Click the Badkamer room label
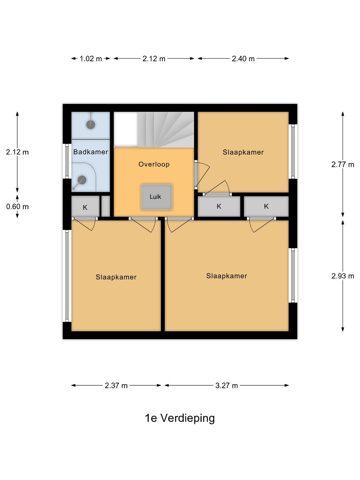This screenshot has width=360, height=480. [x=90, y=152]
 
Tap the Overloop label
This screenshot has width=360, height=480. [x=154, y=164]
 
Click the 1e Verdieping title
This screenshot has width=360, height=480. [x=180, y=418]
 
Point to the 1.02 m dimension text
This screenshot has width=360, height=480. [x=91, y=59]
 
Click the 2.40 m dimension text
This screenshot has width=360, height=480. [x=243, y=59]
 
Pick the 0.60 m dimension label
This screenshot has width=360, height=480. [x=17, y=207]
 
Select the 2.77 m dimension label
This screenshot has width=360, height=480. [x=343, y=164]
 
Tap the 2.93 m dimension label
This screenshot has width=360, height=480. [x=343, y=276]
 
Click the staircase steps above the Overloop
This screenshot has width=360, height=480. [x=165, y=129]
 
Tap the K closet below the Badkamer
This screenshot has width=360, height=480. [x=85, y=206]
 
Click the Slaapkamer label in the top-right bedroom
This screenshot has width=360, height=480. [x=243, y=152]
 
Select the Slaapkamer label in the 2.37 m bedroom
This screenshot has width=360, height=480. [x=116, y=277]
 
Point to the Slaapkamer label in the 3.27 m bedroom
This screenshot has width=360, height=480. [x=226, y=276]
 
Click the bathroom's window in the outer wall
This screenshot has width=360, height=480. [x=67, y=161]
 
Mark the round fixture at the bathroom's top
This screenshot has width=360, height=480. [x=90, y=124]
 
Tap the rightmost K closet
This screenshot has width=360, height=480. [x=266, y=206]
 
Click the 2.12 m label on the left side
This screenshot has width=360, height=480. [x=17, y=152]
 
